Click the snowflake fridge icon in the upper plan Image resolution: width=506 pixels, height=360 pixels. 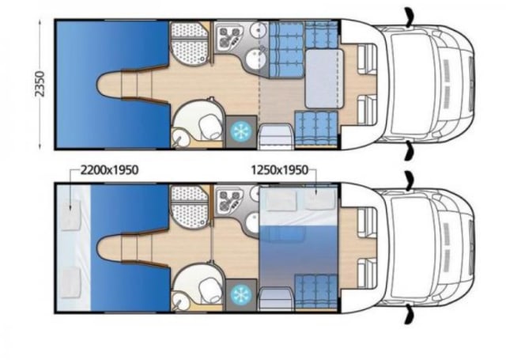[240, 130]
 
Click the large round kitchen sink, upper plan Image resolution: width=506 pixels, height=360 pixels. [255, 59]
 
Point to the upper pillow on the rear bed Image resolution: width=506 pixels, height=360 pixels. [72, 201]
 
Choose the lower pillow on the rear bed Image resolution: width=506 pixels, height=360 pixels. [72, 278]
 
